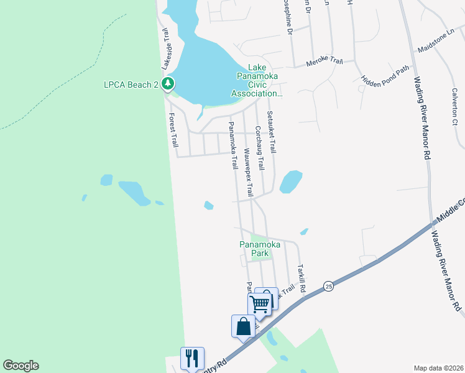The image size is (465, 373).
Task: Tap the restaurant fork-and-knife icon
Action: click(192, 358)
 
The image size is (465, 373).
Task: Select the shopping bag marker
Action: click(243, 326)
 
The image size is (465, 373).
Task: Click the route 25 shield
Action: click(328, 286)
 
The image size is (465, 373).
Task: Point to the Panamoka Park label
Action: click(260, 249)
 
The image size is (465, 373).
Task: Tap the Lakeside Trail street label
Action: click(166, 52)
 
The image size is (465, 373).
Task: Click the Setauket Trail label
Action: click(271, 132)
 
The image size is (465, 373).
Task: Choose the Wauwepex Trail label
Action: click(249, 172)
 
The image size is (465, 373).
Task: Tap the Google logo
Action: click(21, 366)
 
